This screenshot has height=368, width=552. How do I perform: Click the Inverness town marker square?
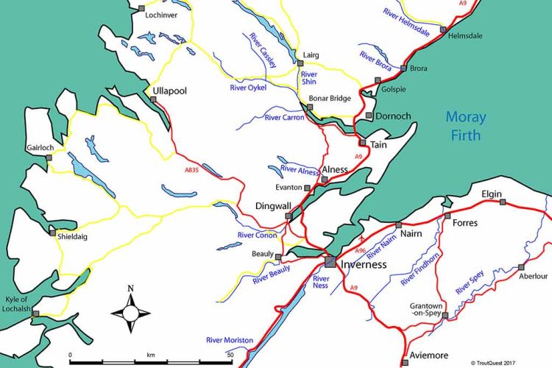coord(330,261)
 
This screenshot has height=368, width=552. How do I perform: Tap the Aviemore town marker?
coord(405,361)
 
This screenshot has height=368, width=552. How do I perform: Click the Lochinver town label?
coord(163,14)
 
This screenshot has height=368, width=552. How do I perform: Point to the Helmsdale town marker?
coord(442,29)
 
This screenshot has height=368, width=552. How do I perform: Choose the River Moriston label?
coord(230,340)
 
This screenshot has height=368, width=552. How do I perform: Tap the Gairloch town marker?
coord(49,157)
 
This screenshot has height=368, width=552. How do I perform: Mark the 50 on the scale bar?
coord(230,354)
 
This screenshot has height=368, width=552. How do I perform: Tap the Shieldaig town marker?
coord(52,233)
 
